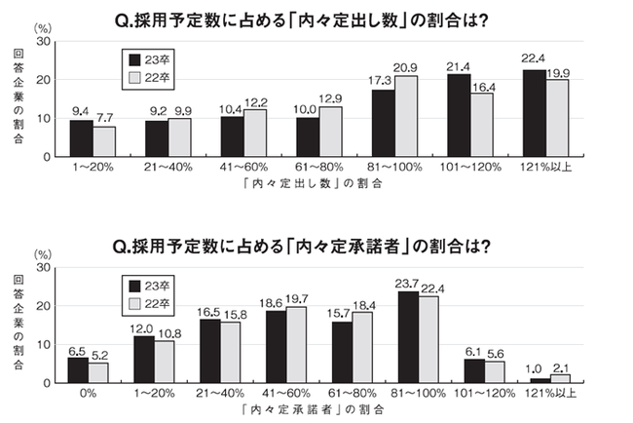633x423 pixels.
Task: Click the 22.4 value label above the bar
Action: (534, 61)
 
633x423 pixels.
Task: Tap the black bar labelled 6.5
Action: (78, 369)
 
